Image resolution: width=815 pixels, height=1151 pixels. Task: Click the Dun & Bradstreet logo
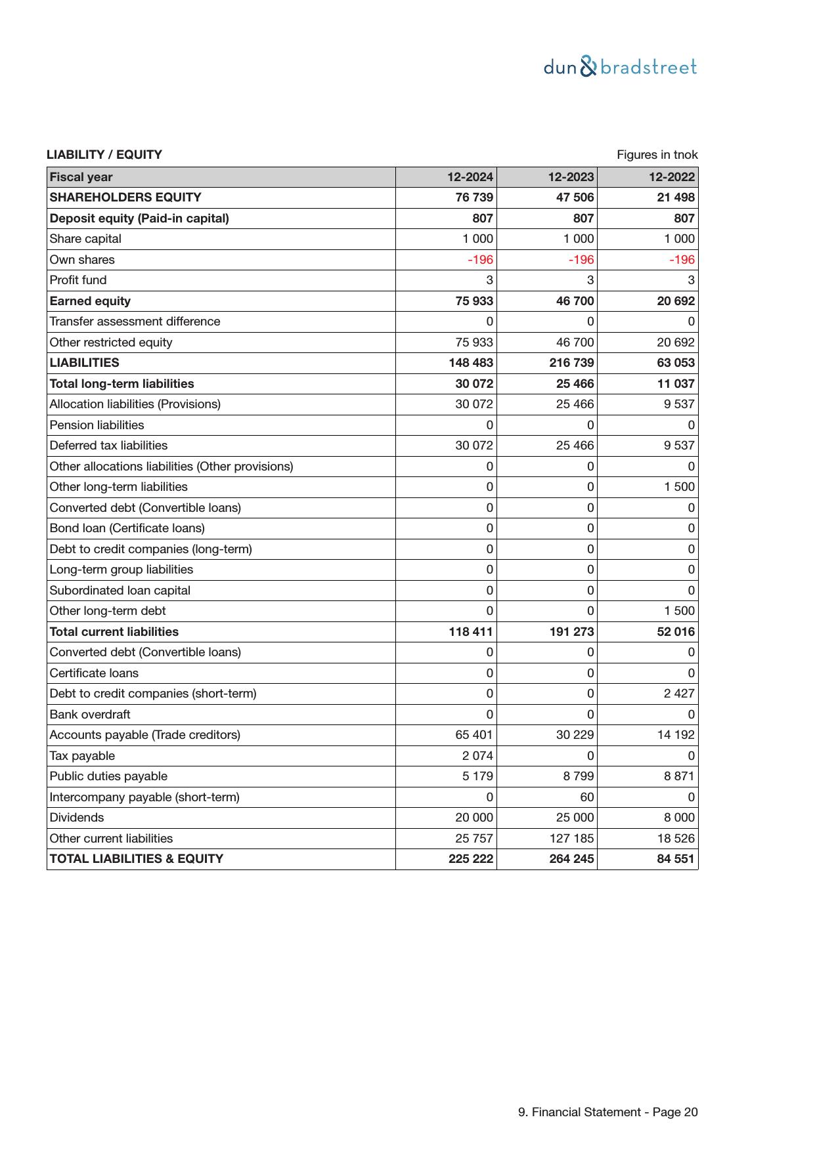click(620, 67)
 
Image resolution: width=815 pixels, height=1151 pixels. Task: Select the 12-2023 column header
click(571, 177)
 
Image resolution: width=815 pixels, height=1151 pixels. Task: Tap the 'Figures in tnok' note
click(657, 155)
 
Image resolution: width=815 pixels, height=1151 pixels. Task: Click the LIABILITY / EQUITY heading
click(104, 155)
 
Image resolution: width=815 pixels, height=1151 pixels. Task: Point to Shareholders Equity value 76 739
click(474, 198)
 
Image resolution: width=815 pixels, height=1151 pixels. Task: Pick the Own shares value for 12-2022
click(682, 260)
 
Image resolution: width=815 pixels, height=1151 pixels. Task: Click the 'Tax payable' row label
click(82, 756)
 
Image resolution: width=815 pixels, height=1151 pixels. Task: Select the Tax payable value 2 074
click(477, 756)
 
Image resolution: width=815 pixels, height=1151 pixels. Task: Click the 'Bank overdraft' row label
click(90, 715)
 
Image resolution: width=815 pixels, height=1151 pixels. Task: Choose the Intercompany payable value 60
click(586, 797)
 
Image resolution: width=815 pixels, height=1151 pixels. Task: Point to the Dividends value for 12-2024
click(474, 818)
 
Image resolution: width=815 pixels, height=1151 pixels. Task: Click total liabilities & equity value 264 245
click(571, 859)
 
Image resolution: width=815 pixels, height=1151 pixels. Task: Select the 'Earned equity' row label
click(90, 301)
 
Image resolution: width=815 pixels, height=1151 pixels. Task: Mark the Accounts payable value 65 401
click(474, 735)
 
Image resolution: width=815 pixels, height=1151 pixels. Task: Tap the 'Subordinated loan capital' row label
click(120, 591)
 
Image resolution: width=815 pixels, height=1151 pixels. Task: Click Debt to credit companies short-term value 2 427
click(679, 694)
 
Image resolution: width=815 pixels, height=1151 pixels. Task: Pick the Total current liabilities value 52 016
click(675, 632)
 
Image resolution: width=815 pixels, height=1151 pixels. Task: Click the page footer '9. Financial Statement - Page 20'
click(607, 1112)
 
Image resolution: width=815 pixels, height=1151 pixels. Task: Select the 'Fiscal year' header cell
click(81, 177)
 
